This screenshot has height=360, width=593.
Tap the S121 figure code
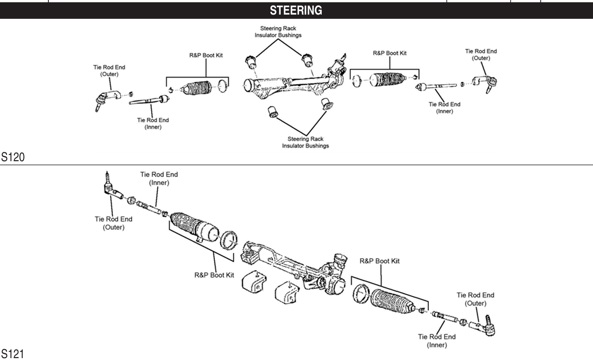[12, 353]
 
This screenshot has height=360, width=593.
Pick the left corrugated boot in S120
[196, 89]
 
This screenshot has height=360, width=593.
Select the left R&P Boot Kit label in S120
[203, 55]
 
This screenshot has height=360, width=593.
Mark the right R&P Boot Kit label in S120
[390, 53]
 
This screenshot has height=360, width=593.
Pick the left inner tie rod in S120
[150, 100]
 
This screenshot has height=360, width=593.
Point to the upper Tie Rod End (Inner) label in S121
[159, 178]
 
